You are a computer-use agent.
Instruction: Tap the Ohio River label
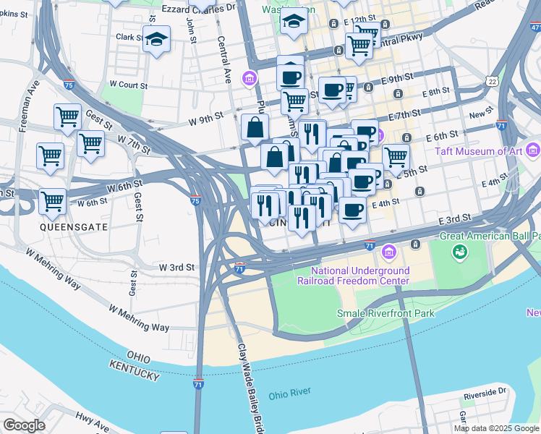pos(289,393)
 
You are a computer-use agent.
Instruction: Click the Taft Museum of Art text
pos(479,152)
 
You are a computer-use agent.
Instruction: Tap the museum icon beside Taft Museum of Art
pos(534,150)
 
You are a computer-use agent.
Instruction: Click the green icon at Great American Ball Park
pos(459,252)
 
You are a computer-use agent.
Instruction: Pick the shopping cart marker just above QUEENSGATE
pos(52,200)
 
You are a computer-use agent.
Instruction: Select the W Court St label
pos(128,85)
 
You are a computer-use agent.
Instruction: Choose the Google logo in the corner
pos(24,425)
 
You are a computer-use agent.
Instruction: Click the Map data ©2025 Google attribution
pos(496,428)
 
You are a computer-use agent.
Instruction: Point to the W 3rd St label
pos(177,267)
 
